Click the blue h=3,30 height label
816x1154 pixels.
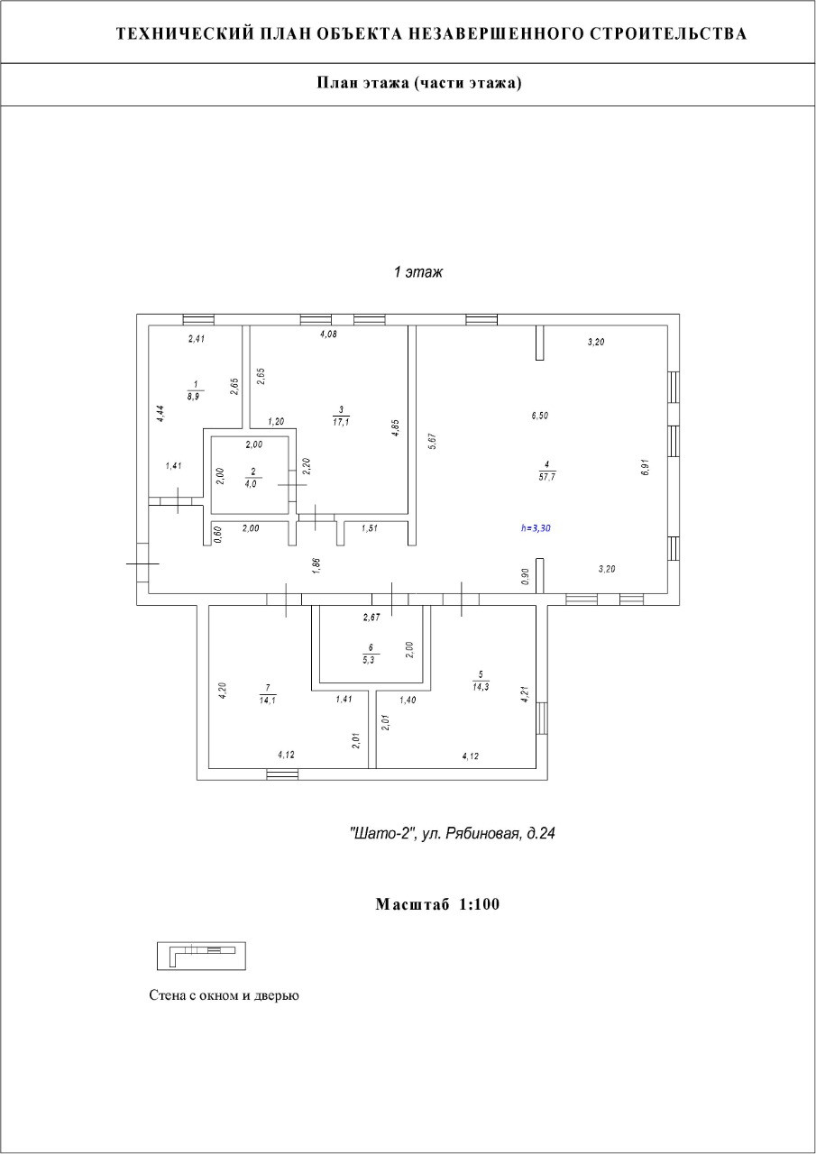point(536,529)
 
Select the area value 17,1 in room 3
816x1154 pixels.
point(342,421)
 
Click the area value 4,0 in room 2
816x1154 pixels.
point(252,482)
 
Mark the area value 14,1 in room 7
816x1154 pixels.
point(267,699)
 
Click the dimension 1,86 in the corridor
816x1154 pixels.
point(316,565)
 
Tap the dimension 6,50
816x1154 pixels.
point(539,416)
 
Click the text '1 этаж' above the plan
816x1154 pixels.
point(418,271)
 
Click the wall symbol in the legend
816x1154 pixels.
point(201,955)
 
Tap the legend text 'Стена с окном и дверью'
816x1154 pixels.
point(224,996)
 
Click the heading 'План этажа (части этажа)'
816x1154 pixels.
point(419,84)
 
